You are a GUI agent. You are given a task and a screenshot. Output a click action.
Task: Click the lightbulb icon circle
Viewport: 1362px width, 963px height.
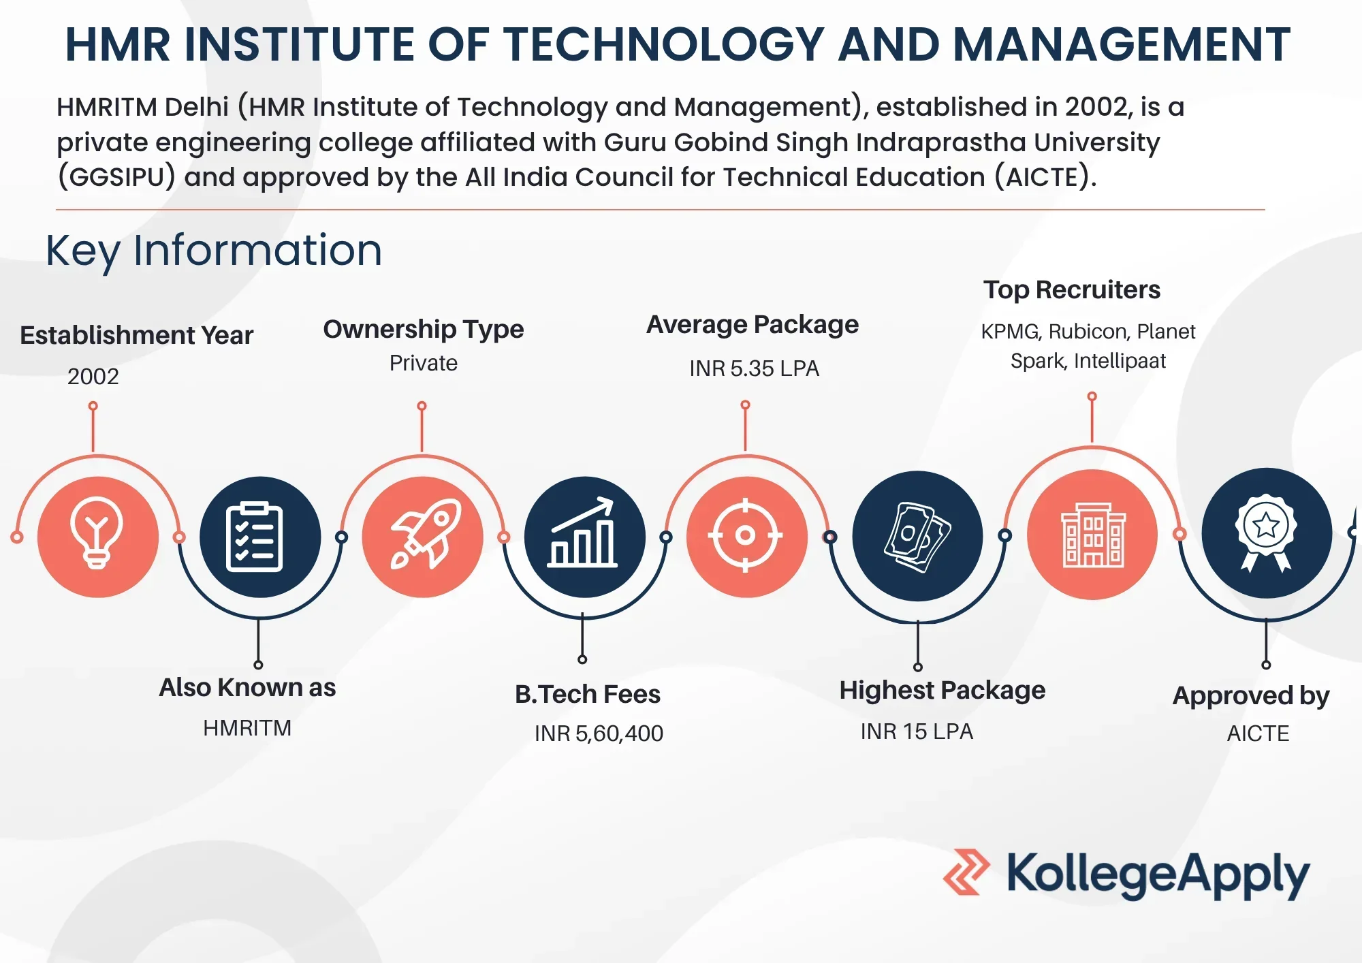pos(98,537)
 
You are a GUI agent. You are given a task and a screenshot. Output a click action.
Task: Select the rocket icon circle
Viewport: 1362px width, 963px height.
pos(422,537)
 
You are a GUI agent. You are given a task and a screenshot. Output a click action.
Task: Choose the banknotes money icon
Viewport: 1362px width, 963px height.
pos(917,536)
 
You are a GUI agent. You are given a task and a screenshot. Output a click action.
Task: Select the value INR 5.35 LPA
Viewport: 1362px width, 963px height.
pos(754,368)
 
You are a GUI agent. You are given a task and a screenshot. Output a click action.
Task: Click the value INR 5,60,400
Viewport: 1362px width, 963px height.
pos(599,733)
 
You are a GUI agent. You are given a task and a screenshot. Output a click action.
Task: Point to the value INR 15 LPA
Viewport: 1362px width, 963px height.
pos(917,731)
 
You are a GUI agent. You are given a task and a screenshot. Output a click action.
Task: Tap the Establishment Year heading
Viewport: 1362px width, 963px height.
pos(136,335)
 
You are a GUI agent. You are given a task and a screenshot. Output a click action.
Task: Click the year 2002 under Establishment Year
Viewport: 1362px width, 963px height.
pos(93,376)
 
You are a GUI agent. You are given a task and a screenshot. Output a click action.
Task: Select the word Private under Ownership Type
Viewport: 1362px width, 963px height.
pos(424,363)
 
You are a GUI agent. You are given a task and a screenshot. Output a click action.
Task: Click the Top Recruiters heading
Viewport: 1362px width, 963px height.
pos(1072,290)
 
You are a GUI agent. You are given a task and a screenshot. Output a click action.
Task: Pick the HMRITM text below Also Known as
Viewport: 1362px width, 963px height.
pos(247,728)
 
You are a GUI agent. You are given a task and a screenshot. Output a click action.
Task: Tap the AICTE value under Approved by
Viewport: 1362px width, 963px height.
pos(1258,733)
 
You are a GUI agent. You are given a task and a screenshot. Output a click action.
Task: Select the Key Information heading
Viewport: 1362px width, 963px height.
pos(214,251)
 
